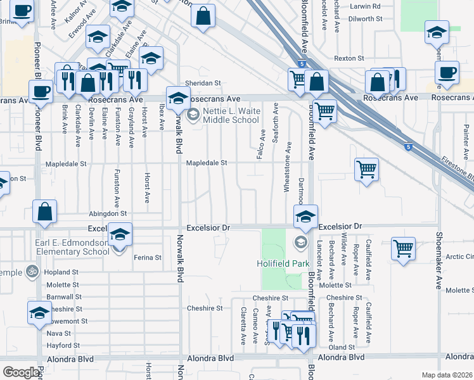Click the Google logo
[x=20, y=372]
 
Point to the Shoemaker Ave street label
[x=438, y=260]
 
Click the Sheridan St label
[x=202, y=83]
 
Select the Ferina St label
[x=148, y=258]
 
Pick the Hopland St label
[x=61, y=272]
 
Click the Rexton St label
[x=349, y=58]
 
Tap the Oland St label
[x=342, y=347]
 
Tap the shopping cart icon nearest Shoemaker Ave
[x=403, y=248]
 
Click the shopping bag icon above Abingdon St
[x=45, y=212]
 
